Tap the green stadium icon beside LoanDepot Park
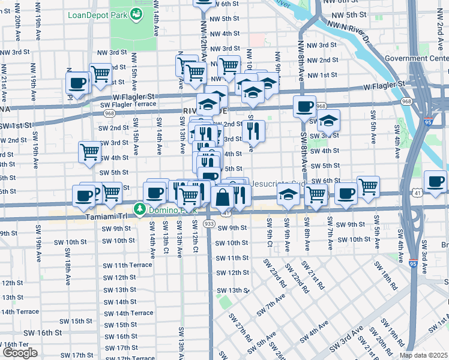(x=137, y=14)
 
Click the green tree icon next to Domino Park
(x=140, y=209)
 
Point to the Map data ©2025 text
(x=424, y=355)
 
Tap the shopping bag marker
(x=222, y=196)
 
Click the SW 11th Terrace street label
(x=127, y=265)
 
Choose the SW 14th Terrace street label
(x=127, y=313)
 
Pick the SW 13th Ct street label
(x=164, y=238)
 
